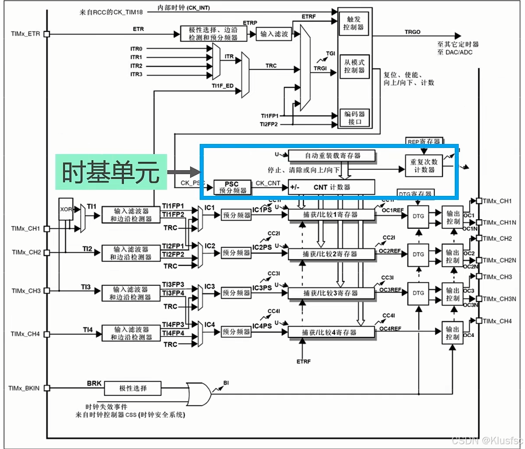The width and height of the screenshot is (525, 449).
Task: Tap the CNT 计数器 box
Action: click(331, 187)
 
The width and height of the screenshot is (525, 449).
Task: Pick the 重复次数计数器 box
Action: click(423, 166)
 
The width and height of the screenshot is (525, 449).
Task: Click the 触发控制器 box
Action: click(354, 23)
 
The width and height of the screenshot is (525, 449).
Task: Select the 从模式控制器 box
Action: click(354, 66)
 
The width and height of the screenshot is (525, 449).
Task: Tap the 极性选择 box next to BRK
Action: click(133, 388)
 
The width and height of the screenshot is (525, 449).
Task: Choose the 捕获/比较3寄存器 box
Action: click(331, 293)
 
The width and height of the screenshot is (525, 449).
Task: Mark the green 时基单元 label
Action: click(111, 171)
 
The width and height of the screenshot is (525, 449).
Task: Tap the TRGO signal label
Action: click(412, 32)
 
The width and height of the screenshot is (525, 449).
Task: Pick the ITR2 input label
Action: click(136, 66)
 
